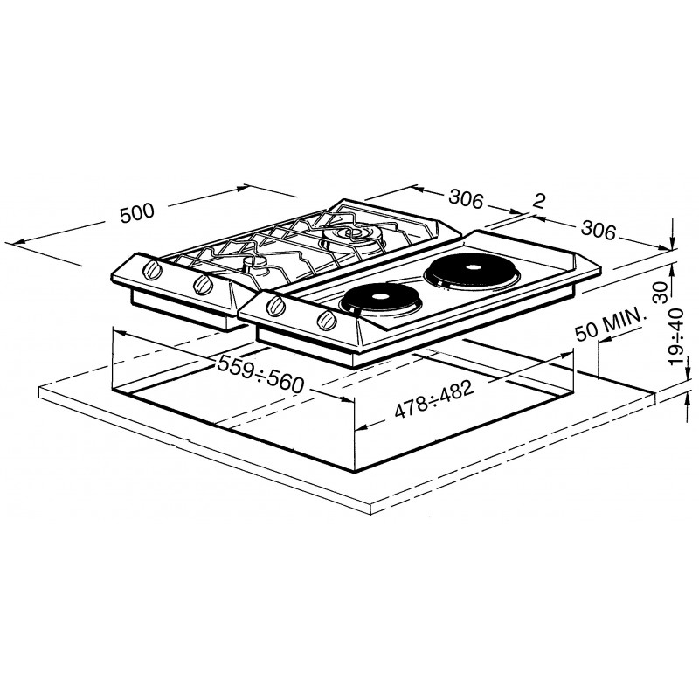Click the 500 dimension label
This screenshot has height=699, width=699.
pyautogui.click(x=137, y=213)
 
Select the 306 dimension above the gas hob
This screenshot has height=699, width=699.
pyautogui.click(x=466, y=199)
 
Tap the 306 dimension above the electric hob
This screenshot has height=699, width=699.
pyautogui.click(x=599, y=231)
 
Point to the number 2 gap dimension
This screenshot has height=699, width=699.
pyautogui.click(x=539, y=202)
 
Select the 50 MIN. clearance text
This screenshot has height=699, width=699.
pyautogui.click(x=610, y=325)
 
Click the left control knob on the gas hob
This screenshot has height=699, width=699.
pyautogui.click(x=152, y=269)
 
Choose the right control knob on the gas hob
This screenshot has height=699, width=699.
pyautogui.click(x=204, y=285)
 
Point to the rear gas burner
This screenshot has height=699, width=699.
pyautogui.click(x=352, y=236)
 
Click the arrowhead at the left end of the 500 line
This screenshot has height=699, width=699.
pyautogui.click(x=10, y=243)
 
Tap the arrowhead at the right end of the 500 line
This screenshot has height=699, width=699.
pyautogui.click(x=242, y=188)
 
